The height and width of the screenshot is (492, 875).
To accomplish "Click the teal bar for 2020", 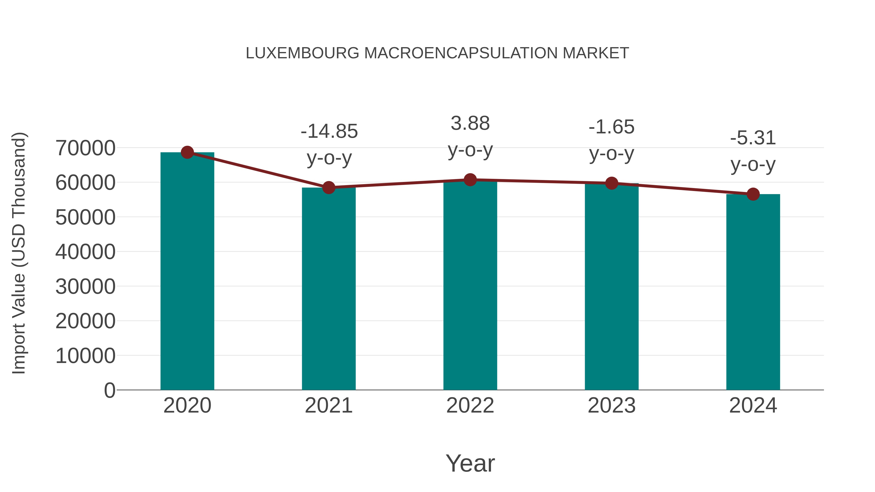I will click(187, 272).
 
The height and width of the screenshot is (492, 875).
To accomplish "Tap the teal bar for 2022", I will click(470, 285).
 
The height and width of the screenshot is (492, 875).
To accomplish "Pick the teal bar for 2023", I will click(612, 287).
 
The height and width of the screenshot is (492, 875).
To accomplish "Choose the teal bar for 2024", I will click(753, 292).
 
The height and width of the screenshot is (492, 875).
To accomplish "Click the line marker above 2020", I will click(187, 152).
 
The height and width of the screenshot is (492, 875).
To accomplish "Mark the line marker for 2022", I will click(470, 180).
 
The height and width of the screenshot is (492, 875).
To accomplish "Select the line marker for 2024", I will click(753, 194).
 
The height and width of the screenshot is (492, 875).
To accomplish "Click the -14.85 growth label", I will click(329, 131).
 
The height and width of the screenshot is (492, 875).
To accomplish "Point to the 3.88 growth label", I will click(470, 123).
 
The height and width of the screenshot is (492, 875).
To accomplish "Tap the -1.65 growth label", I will click(612, 127).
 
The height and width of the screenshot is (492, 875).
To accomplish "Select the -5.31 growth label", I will click(753, 138).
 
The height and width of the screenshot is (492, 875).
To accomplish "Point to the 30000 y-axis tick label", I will click(85, 287).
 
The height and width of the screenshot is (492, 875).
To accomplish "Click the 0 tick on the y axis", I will click(110, 390).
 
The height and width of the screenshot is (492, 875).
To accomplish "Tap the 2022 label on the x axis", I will click(470, 406).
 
